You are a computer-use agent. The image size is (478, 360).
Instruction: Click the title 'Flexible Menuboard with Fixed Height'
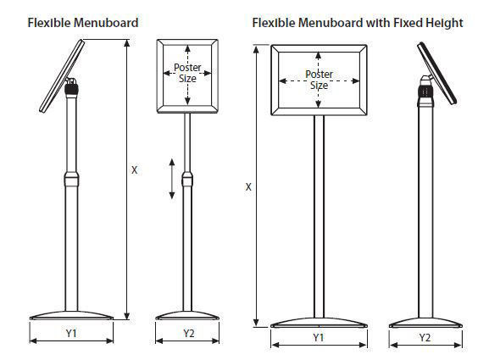tap(358, 23)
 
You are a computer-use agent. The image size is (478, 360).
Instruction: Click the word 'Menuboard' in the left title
tap(106, 23)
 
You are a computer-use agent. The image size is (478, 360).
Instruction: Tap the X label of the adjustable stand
tap(135, 170)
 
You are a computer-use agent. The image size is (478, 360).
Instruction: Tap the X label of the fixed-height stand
tap(248, 187)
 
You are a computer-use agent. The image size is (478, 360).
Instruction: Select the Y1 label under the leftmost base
tap(71, 333)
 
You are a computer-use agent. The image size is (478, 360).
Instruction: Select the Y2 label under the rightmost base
tap(425, 337)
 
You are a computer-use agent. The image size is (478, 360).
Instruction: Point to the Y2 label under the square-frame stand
tap(189, 333)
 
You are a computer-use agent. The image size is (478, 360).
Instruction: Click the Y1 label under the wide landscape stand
tap(319, 337)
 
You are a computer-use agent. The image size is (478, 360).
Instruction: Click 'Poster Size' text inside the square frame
tap(187, 73)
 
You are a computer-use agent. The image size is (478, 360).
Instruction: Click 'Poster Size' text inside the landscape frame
tap(320, 80)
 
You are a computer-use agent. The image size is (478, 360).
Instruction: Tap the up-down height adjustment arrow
tap(172, 179)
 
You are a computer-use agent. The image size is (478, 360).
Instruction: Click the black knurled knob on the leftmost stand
tap(72, 89)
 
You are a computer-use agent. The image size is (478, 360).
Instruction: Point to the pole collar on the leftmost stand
tap(72, 180)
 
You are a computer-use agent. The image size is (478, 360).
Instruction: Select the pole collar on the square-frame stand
tap(187, 180)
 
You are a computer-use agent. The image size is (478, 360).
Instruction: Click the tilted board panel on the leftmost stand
tap(62, 76)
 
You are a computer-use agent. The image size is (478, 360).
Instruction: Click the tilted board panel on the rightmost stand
tap(437, 73)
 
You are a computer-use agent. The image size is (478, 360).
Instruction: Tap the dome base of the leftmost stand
tap(72, 316)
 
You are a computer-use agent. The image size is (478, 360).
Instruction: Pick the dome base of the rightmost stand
tap(425, 323)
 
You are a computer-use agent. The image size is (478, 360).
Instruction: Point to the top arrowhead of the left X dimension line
tap(127, 43)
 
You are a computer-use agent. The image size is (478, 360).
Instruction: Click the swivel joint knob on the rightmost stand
tap(425, 91)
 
